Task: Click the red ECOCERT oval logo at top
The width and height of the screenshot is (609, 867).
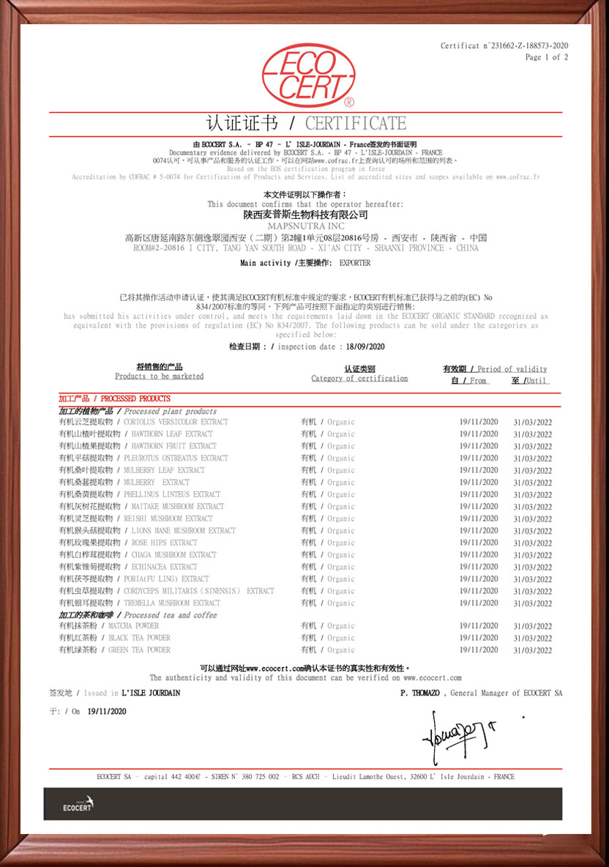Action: pos(308,75)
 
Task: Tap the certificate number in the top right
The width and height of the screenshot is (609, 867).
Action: pos(504,45)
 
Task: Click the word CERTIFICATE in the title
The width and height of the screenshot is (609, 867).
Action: pos(356,123)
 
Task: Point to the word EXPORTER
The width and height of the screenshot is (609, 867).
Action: pos(355,263)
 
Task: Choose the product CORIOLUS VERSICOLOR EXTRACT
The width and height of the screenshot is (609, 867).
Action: pos(176,422)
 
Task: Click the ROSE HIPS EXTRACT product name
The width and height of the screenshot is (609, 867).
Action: pos(164,543)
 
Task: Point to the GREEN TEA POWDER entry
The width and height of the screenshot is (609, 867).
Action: pos(139,650)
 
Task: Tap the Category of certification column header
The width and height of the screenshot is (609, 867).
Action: pos(359,379)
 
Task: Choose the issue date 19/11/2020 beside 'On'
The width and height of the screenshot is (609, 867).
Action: pos(107,711)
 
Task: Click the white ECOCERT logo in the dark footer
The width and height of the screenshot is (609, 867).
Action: pos(78,804)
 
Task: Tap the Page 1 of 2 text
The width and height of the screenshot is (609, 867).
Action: pos(546,57)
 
